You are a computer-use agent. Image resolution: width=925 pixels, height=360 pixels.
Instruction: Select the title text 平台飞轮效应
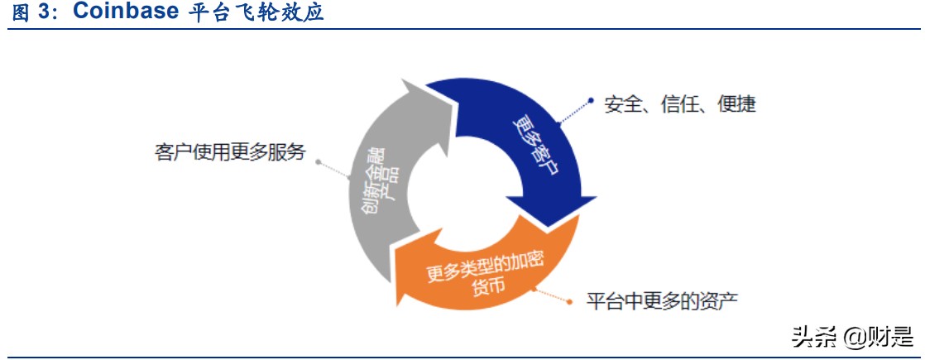coord(252,14)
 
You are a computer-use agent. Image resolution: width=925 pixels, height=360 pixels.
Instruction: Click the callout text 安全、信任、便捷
coord(680,105)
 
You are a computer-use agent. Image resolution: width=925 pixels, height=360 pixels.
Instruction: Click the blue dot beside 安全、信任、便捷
coord(591,101)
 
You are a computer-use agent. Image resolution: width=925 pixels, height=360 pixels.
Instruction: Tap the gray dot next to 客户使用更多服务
coord(319,161)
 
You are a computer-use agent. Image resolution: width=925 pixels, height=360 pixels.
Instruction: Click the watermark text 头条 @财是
coord(852,335)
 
